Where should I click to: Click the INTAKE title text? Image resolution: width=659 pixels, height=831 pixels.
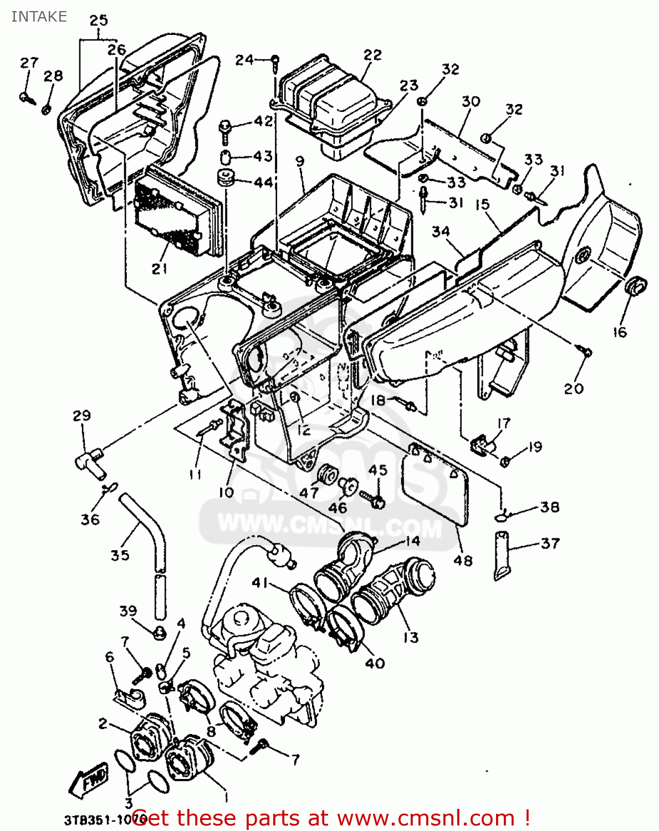pyautogui.click(x=39, y=17)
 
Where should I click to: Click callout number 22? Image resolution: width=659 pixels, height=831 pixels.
pyautogui.click(x=372, y=54)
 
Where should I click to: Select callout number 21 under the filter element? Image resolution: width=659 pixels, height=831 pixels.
pyautogui.click(x=160, y=269)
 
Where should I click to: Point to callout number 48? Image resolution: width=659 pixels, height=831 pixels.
pyautogui.click(x=463, y=561)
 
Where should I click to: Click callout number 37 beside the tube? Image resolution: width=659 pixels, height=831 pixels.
pyautogui.click(x=550, y=543)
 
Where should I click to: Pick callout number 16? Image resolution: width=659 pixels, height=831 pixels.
pyautogui.click(x=619, y=332)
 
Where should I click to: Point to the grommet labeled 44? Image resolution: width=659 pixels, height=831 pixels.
pyautogui.click(x=225, y=179)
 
